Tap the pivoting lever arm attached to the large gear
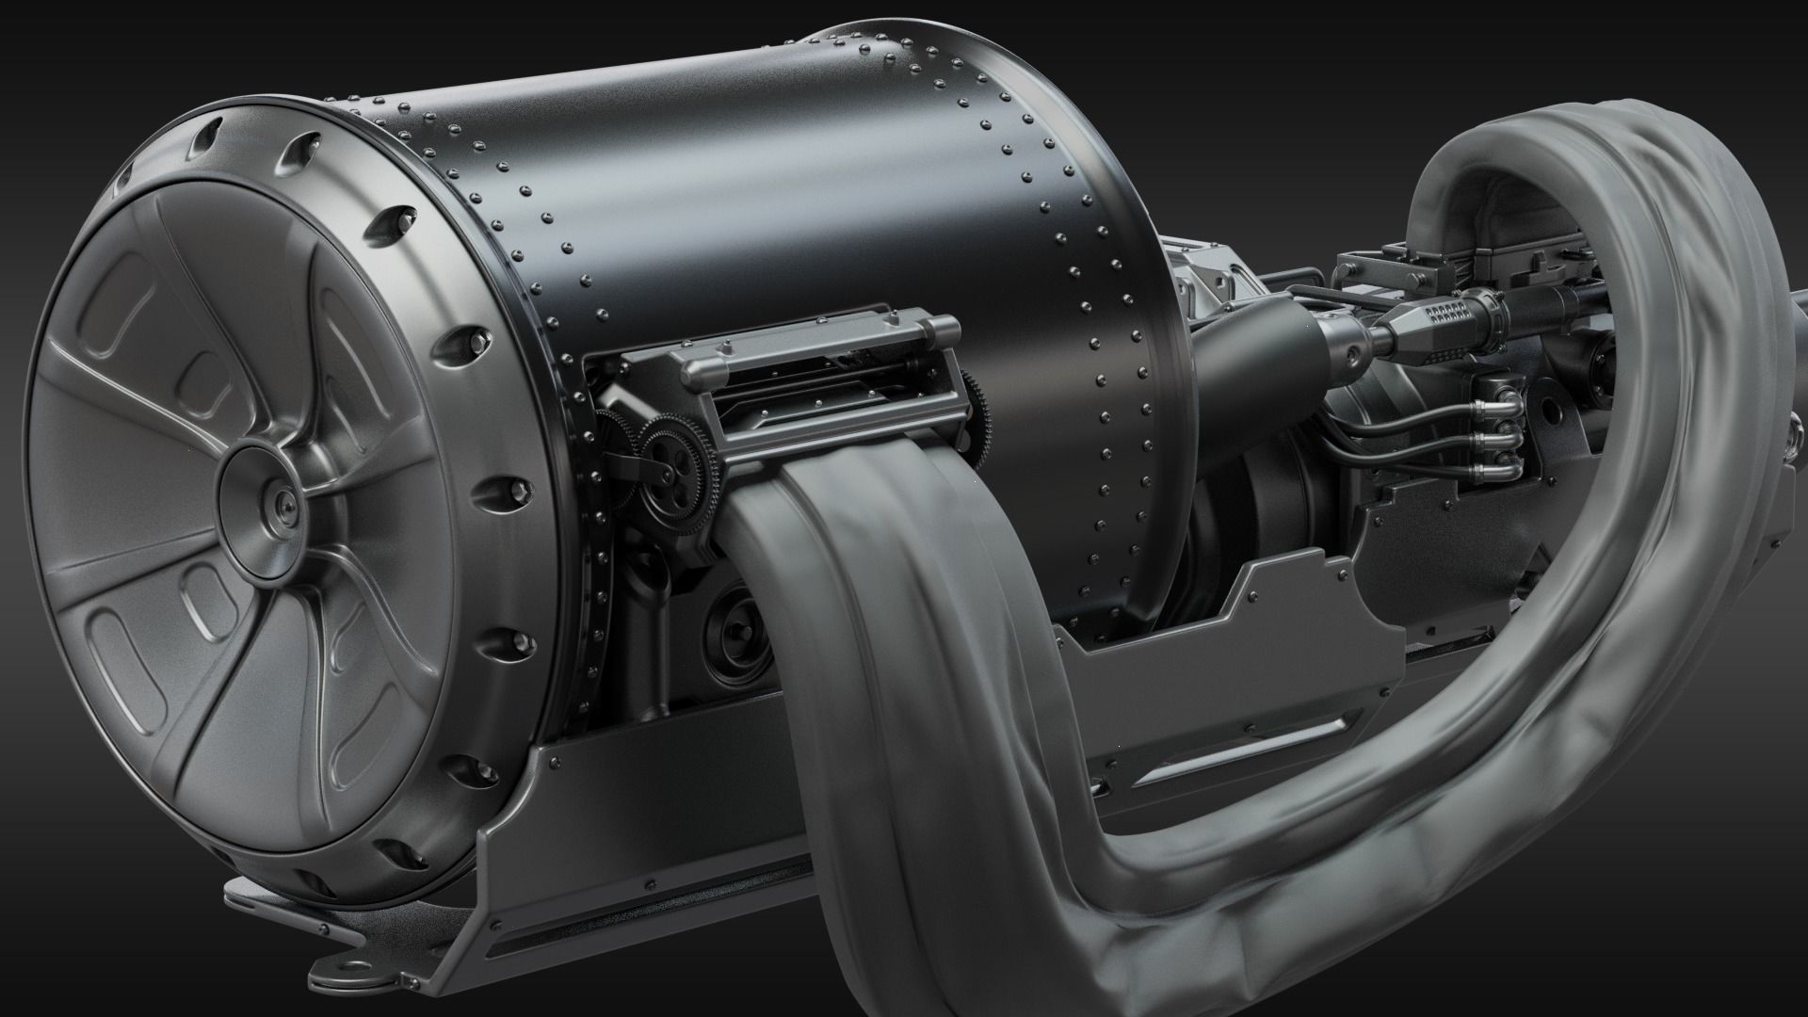click(x=629, y=463)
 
